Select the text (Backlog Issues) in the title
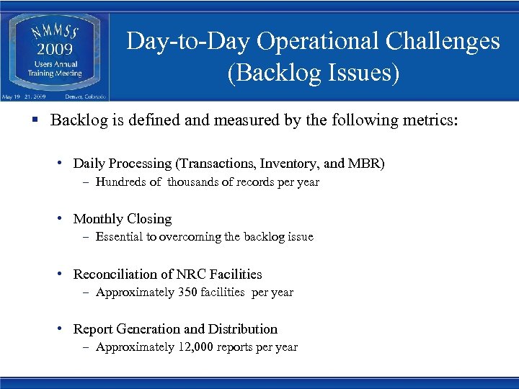coord(313,73)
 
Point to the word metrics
coord(430,120)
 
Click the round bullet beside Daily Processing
coord(61,164)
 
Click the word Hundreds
coord(122,182)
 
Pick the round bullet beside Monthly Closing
coord(61,219)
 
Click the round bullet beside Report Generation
coord(61,329)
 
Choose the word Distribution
coord(243,329)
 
